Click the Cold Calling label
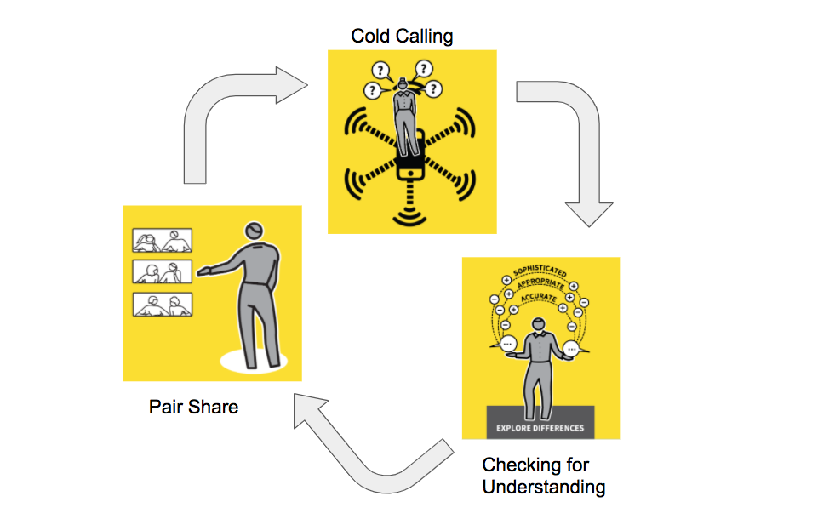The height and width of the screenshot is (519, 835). [402, 36]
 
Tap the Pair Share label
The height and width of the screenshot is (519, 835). [193, 407]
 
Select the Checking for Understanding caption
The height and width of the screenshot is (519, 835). [543, 476]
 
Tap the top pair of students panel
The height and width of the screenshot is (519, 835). [162, 241]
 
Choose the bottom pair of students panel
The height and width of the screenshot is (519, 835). [162, 305]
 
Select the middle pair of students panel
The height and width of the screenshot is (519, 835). [162, 272]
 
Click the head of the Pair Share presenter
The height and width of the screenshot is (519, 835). [254, 231]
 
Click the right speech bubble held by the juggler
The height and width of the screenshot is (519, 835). [572, 348]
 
